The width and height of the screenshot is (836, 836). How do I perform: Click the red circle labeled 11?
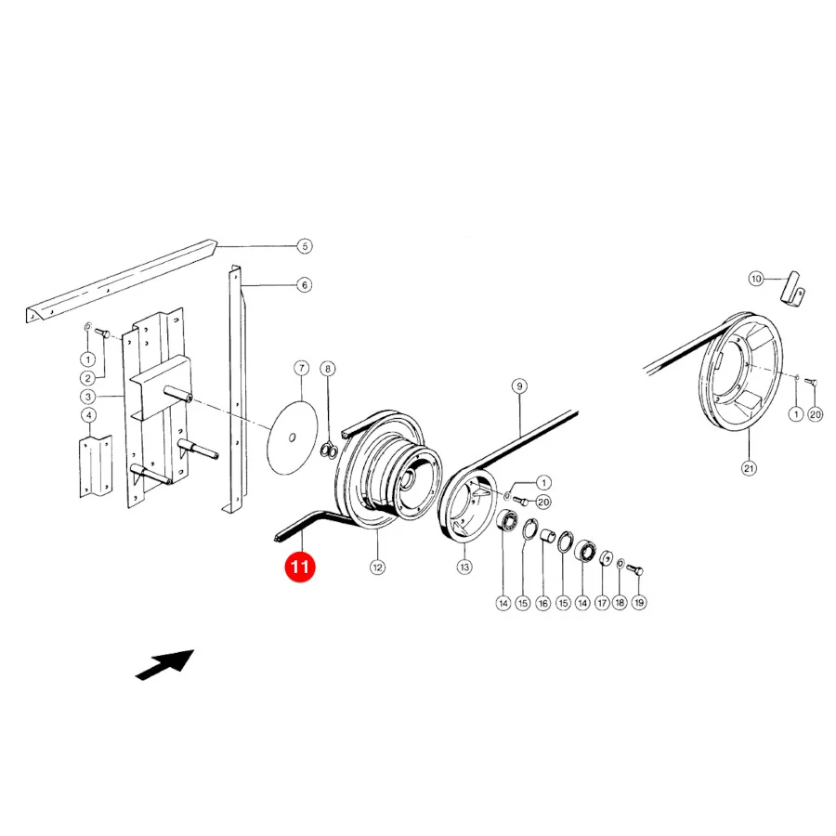tap(300, 567)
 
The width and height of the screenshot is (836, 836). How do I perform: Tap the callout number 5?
tap(305, 246)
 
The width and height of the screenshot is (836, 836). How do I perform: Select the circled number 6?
tap(305, 285)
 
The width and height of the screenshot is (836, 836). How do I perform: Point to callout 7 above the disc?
tap(302, 369)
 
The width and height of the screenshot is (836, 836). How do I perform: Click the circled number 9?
tap(519, 386)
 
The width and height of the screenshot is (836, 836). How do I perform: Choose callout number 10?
tap(756, 279)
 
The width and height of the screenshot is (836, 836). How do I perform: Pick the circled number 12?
tap(377, 568)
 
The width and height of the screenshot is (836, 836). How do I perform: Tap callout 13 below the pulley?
tap(464, 567)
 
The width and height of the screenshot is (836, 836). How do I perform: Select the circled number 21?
tap(749, 468)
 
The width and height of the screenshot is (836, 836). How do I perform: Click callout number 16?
tap(542, 603)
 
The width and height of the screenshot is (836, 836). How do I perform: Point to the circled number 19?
tap(639, 603)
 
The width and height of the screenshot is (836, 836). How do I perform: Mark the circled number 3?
tap(88, 397)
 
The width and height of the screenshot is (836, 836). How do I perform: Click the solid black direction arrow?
tap(165, 664)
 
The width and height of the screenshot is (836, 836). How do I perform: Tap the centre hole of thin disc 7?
tap(292, 438)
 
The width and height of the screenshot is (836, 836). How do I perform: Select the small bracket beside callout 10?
tap(793, 290)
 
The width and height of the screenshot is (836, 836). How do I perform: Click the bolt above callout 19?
tap(635, 570)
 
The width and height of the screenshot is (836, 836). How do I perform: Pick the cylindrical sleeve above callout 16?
tap(547, 535)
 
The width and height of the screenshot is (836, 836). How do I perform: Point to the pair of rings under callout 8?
tap(329, 451)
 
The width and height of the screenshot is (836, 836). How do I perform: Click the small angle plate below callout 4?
tap(96, 466)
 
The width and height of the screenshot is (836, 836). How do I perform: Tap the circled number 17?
tap(602, 603)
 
